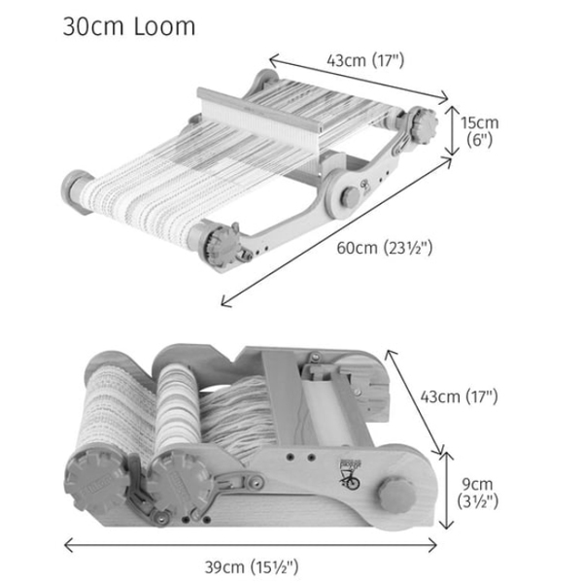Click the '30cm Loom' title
128,26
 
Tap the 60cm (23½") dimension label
385,248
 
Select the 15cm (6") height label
480,131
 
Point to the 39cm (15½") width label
252,567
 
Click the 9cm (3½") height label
477,493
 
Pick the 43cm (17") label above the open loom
365,60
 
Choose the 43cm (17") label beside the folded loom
459,396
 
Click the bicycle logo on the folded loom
350,474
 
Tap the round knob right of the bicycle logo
396,495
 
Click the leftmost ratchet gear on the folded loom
97,482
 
